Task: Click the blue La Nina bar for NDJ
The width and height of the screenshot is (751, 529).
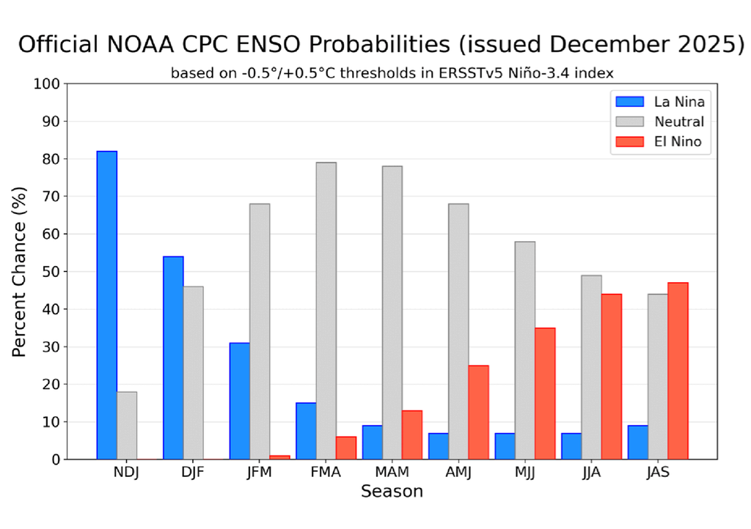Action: click(106, 305)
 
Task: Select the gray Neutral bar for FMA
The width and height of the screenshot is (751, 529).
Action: click(326, 311)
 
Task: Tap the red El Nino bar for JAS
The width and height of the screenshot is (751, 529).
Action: click(678, 371)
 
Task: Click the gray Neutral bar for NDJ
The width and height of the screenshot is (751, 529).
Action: click(126, 425)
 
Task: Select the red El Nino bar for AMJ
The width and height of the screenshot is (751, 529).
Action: click(478, 412)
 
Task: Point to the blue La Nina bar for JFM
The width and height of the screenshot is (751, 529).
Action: click(239, 401)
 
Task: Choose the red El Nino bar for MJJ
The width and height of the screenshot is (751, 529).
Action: click(545, 393)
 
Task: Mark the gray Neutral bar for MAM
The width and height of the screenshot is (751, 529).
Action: click(392, 312)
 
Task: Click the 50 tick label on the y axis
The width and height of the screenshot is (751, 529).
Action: click(48, 272)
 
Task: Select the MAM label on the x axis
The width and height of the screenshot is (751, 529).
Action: click(392, 473)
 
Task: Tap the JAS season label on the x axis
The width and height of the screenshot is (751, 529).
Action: click(658, 473)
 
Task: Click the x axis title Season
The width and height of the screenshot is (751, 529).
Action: click(392, 492)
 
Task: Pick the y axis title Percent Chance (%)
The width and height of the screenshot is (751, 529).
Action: click(20, 271)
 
